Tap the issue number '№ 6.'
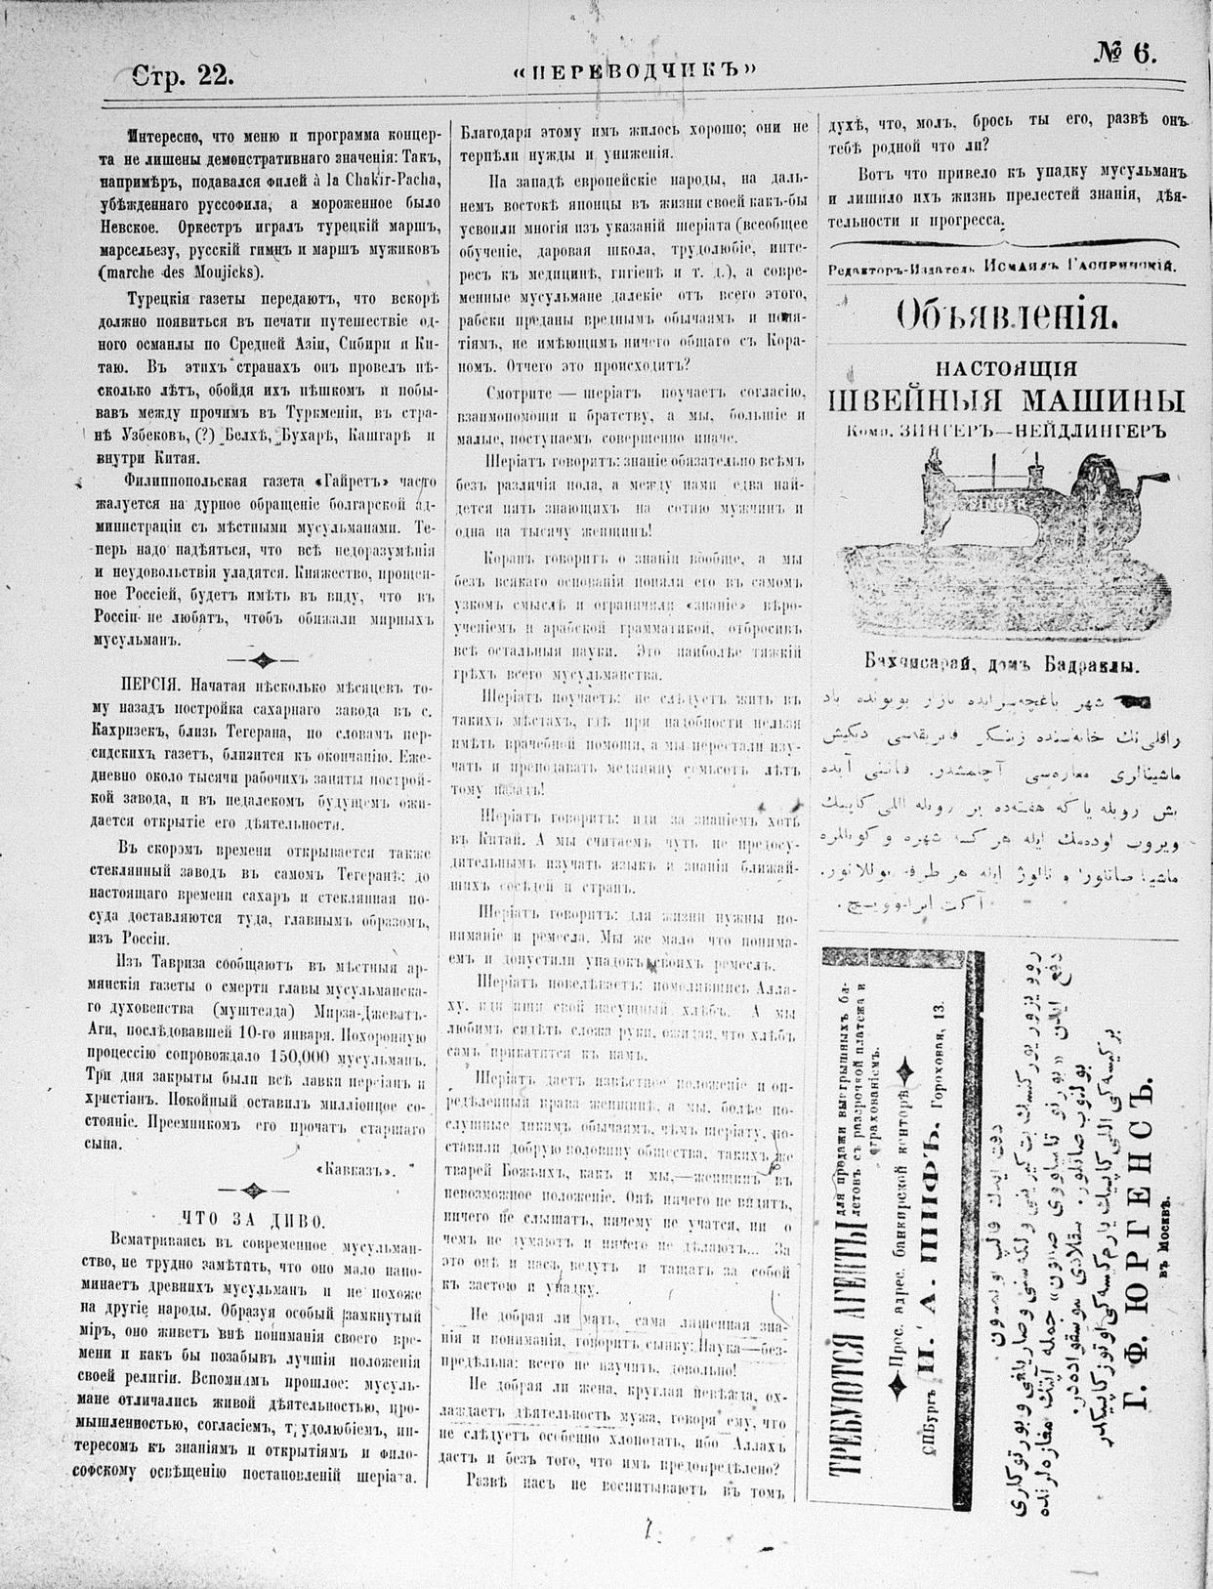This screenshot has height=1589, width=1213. pos(1124,56)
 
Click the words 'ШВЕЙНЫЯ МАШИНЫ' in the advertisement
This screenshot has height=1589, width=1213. pos(1006,400)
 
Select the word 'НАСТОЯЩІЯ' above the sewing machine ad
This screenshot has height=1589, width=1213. pos(1006,368)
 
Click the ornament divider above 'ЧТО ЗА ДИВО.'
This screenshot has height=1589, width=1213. pos(254,1190)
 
